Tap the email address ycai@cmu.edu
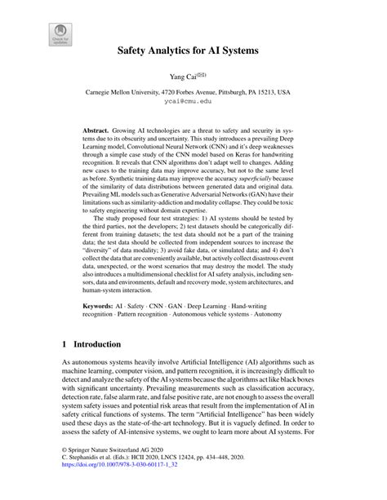coord(193,104)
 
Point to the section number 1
coord(64,341)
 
